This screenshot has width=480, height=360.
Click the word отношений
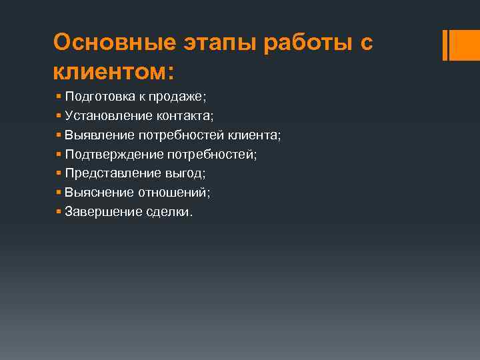click(x=173, y=193)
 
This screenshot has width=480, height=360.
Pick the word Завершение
click(x=103, y=212)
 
